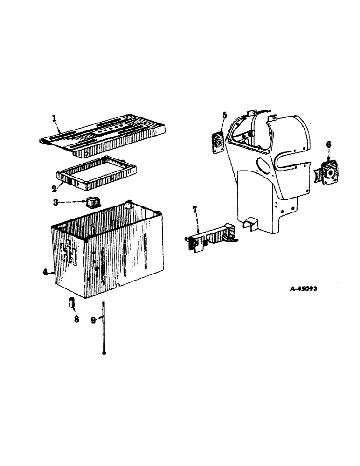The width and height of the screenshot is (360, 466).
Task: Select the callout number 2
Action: (x=55, y=188)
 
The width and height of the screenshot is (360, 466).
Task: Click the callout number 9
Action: (x=93, y=319)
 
